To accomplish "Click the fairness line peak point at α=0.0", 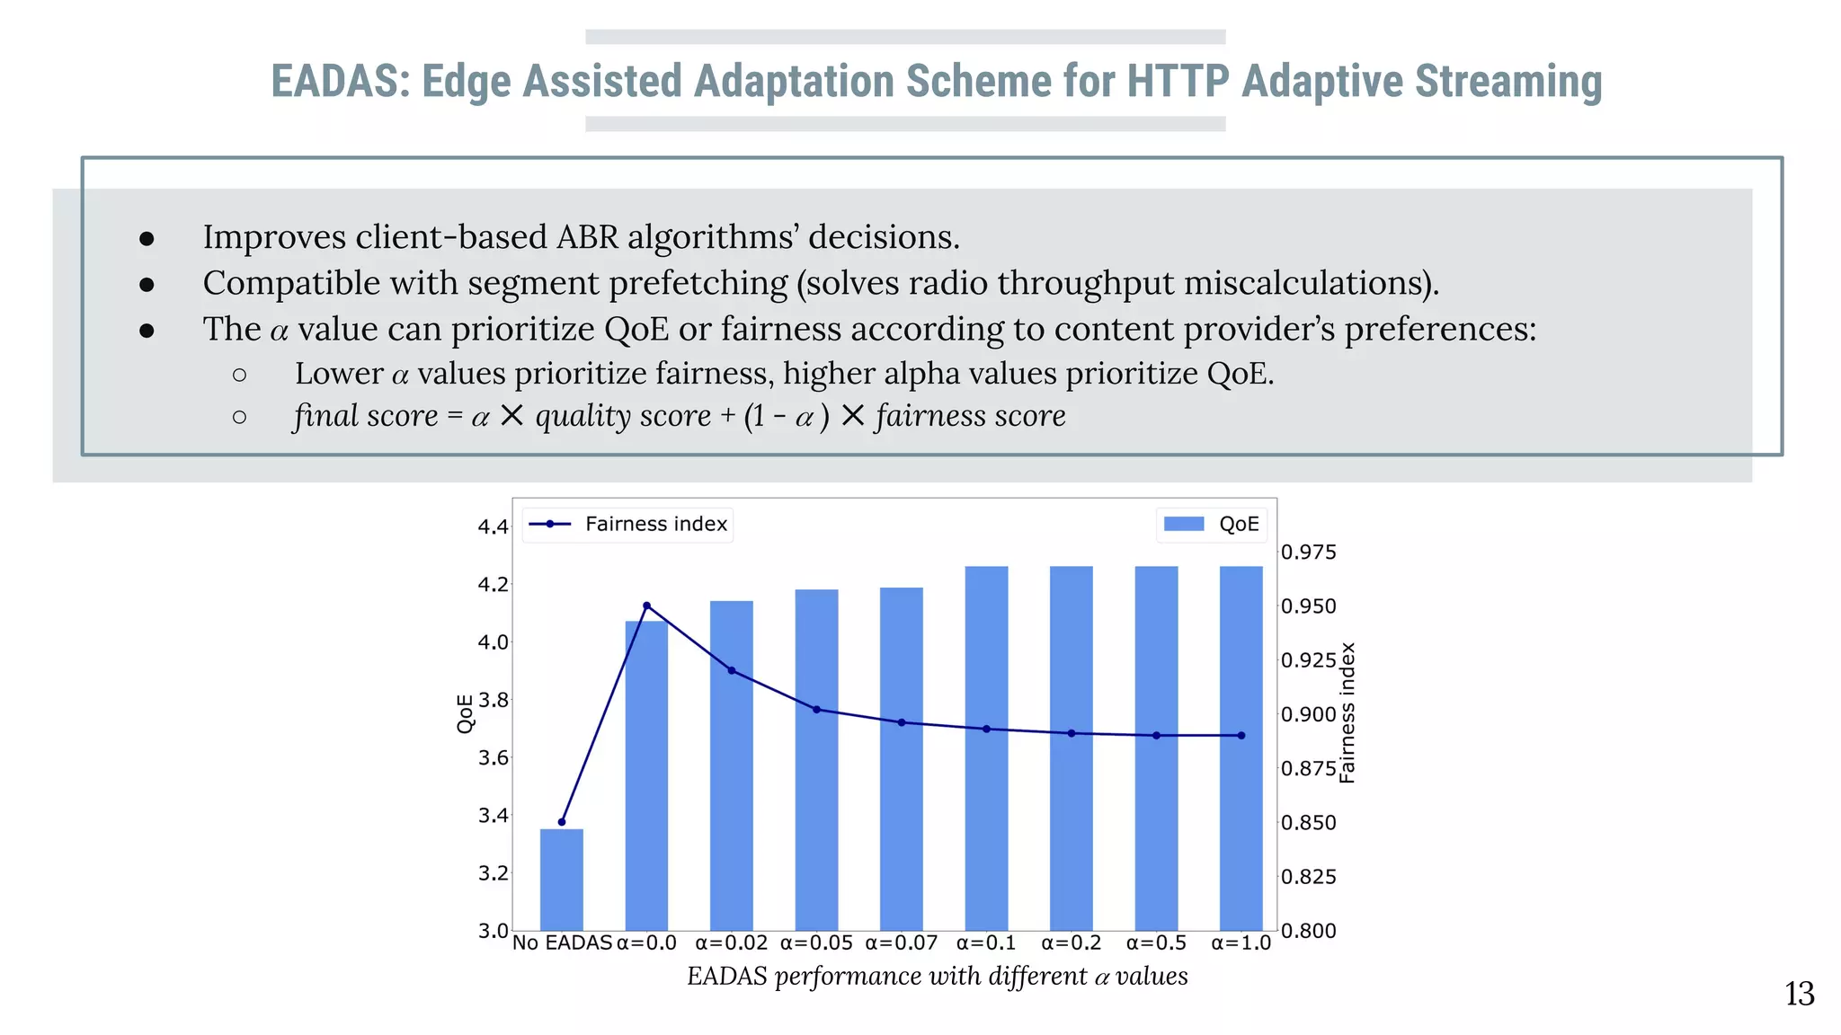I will coord(646,606).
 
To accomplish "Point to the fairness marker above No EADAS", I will coord(562,822).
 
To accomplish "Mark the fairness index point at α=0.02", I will coord(732,670).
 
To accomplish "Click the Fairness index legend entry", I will coord(628,524).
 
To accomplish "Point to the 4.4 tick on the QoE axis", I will coord(493,526).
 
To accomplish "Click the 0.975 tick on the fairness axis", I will coord(1308,552).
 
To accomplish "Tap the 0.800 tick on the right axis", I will coord(1308,931).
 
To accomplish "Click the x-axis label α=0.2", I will coord(1071,942).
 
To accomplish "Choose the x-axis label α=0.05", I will coord(816,942).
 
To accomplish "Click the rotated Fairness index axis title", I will coord(1347,712).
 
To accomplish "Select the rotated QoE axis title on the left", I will coord(464,713).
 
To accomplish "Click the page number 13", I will coord(1799,994).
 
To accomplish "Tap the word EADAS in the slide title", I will coord(340,81).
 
